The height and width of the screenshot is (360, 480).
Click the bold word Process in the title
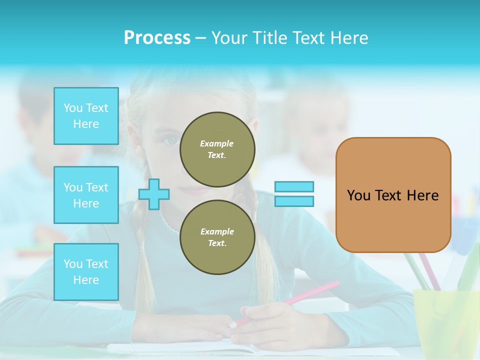tap(157, 38)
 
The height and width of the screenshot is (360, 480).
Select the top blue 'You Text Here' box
tap(86, 116)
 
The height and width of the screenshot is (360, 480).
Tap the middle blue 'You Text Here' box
tap(86, 195)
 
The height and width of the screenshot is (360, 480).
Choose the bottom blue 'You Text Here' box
tap(86, 272)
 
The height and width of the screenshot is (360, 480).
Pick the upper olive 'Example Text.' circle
tap(217, 149)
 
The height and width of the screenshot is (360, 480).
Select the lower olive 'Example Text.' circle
tap(217, 237)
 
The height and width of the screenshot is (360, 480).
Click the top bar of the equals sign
tap(294, 186)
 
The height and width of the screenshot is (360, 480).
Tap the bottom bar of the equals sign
tap(294, 201)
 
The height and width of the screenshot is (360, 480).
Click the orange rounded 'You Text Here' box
tap(393, 195)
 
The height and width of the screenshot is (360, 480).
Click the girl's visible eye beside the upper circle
tap(172, 140)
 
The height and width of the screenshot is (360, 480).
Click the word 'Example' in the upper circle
tap(217, 143)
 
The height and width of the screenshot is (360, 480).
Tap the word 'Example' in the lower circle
tap(217, 231)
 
